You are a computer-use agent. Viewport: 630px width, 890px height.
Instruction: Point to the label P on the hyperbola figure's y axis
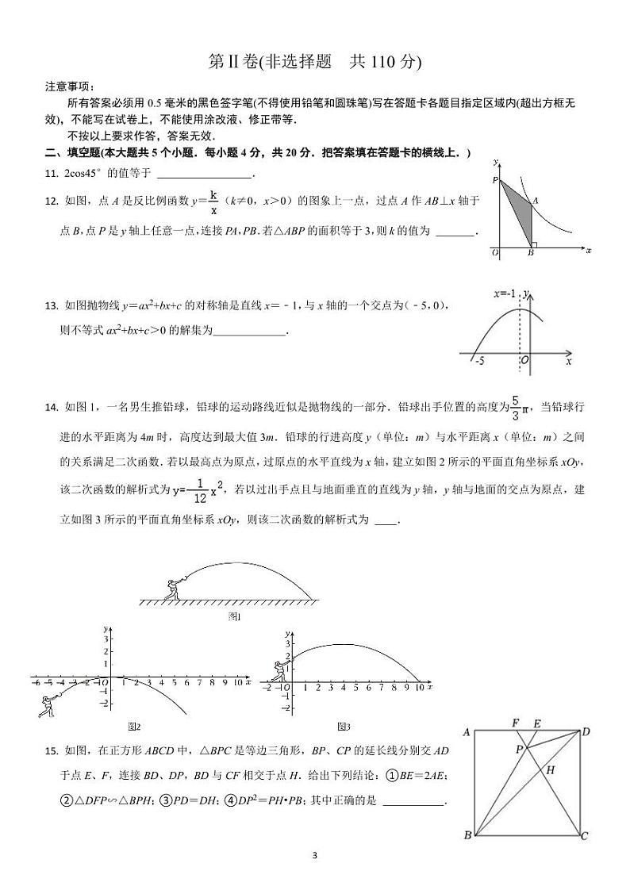[494, 181]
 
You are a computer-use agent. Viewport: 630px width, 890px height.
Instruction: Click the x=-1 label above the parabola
[504, 293]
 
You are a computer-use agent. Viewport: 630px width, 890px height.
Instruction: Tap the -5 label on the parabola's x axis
[479, 361]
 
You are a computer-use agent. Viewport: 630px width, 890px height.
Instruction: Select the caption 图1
[234, 616]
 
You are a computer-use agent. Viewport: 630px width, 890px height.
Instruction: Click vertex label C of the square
[585, 835]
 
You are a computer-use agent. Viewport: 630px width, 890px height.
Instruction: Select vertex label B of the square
[467, 835]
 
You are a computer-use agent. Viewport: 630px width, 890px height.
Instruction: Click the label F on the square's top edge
[516, 723]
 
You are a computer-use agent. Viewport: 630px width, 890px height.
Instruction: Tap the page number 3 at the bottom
[315, 855]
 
